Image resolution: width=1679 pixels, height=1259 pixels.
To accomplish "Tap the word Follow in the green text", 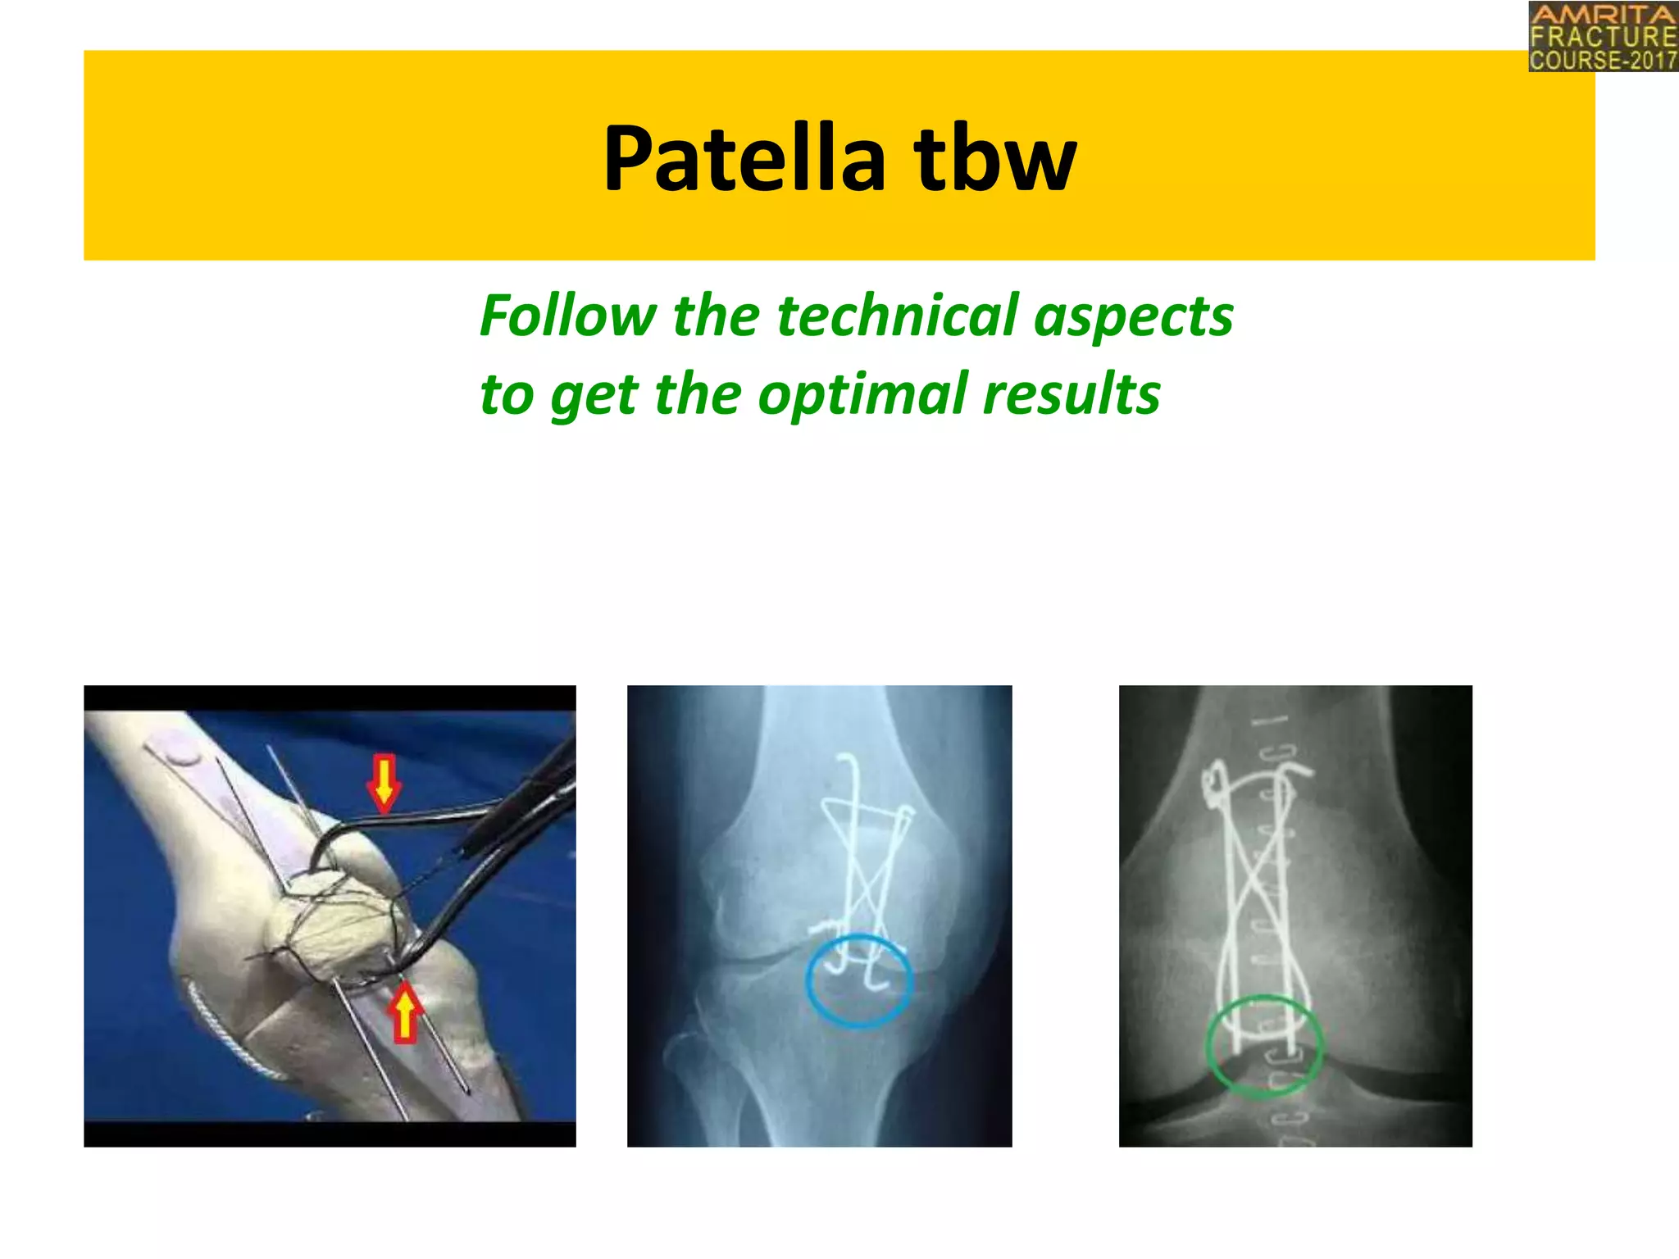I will click(568, 316).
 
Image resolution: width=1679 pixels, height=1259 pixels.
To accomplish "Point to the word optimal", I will click(862, 395).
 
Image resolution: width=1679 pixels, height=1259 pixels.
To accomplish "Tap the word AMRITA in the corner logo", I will click(1603, 15).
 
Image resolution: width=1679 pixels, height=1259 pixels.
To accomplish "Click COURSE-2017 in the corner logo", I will click(1603, 60).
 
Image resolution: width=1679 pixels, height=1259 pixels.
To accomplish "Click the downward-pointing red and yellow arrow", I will click(384, 783).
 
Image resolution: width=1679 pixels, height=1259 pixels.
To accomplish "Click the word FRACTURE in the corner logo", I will click(1603, 37).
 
